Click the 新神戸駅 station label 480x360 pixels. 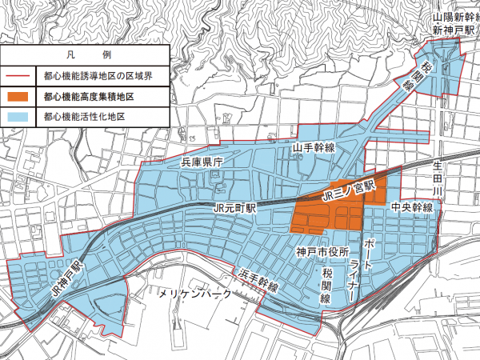pyautogui.click(x=449, y=29)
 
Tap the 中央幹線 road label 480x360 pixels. pyautogui.click(x=412, y=207)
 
